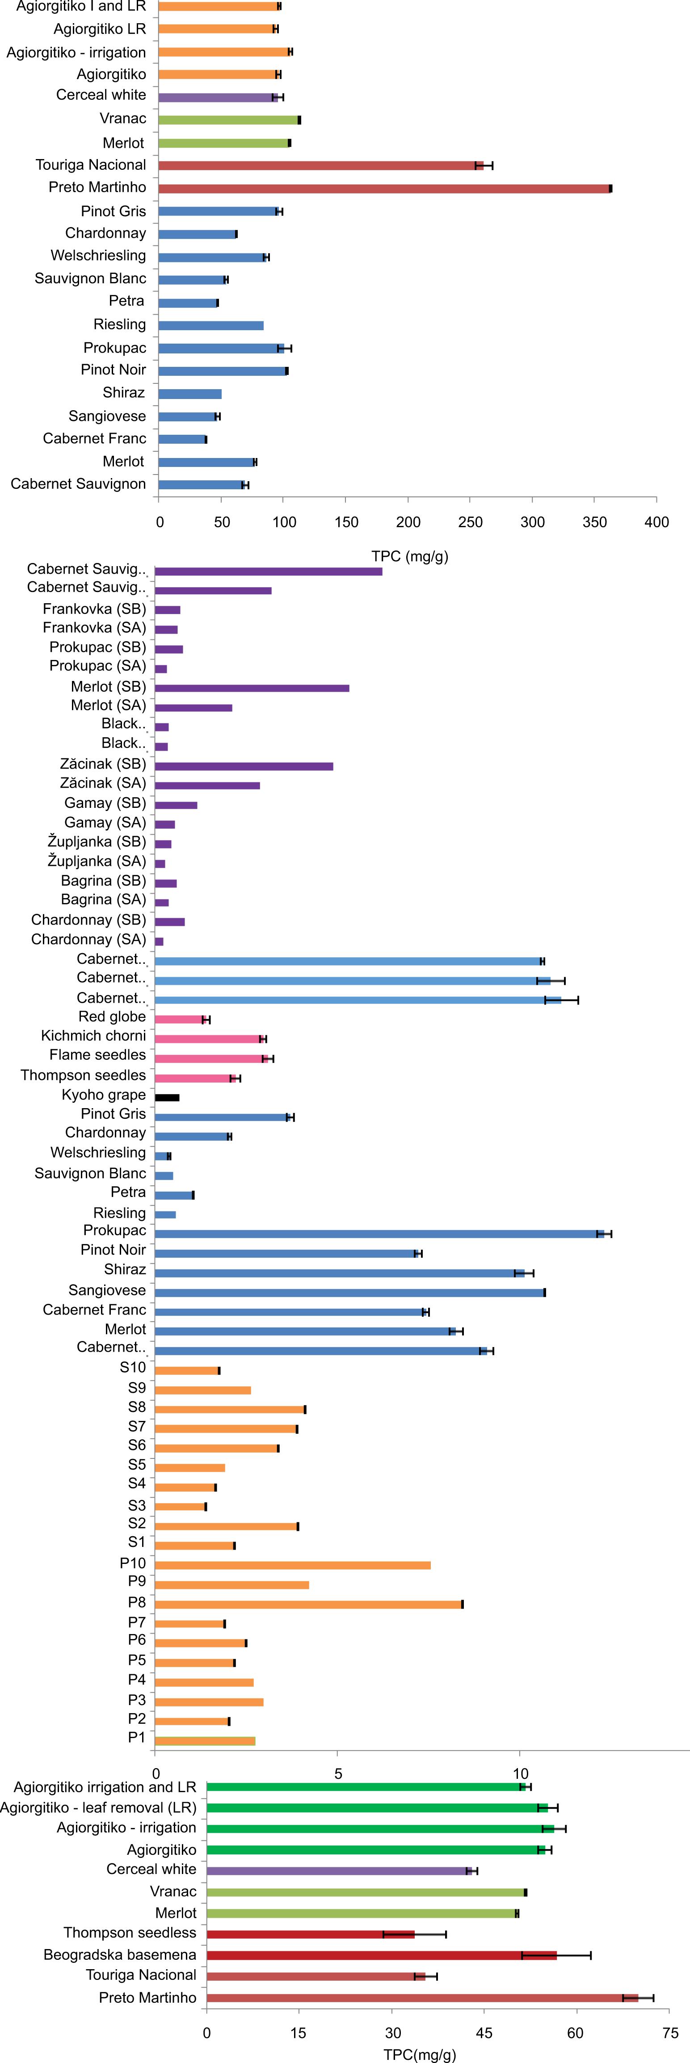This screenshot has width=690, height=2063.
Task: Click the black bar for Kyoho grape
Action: pyautogui.click(x=167, y=1097)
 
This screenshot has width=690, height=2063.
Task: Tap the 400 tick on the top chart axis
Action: pyautogui.click(x=656, y=522)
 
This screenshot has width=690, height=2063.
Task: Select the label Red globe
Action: pyautogui.click(x=112, y=1016)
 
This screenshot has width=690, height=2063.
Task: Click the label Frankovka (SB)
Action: pyautogui.click(x=95, y=609)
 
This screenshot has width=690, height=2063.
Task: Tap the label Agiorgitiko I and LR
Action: pyautogui.click(x=81, y=6)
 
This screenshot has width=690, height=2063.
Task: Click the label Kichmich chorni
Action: pyautogui.click(x=94, y=1035)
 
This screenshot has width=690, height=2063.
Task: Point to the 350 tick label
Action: pyautogui.click(x=595, y=522)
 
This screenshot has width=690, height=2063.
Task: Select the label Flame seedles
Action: pyautogui.click(x=98, y=1055)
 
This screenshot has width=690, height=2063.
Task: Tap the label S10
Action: pyautogui.click(x=133, y=1367)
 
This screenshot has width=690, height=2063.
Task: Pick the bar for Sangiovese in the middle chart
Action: pyautogui.click(x=349, y=1292)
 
